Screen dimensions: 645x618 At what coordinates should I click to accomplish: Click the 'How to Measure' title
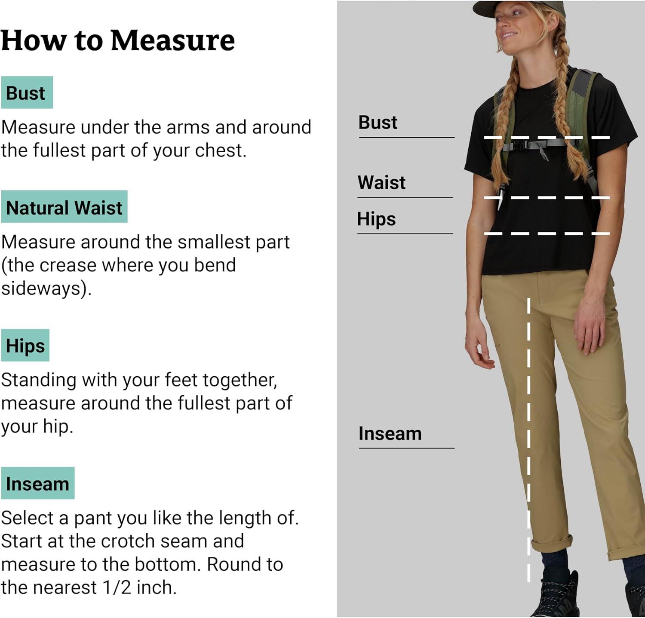pyautogui.click(x=118, y=40)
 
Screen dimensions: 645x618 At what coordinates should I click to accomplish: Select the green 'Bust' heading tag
pyautogui.click(x=27, y=92)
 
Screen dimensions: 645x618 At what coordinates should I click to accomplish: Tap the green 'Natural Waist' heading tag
pyautogui.click(x=64, y=206)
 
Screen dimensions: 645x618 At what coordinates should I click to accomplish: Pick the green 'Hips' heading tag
pyautogui.click(x=25, y=345)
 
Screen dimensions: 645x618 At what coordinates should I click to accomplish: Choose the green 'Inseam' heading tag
pyautogui.click(x=37, y=483)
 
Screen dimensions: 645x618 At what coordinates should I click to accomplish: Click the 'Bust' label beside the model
pyautogui.click(x=378, y=122)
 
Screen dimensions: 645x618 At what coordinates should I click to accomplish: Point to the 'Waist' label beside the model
pyautogui.click(x=381, y=182)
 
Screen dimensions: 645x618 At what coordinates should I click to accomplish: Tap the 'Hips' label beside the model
pyautogui.click(x=376, y=219)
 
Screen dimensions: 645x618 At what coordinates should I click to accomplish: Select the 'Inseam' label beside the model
pyautogui.click(x=390, y=434)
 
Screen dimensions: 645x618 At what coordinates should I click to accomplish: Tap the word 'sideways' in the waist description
pyautogui.click(x=40, y=288)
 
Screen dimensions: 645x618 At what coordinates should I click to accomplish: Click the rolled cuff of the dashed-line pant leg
pyautogui.click(x=552, y=545)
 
